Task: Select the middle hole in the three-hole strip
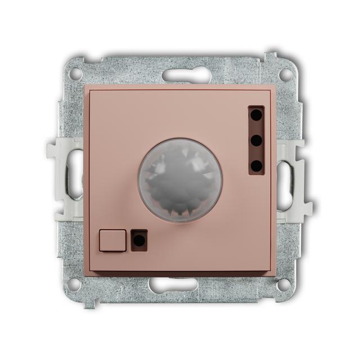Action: coord(256,141)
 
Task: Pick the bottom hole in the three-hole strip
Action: coord(256,165)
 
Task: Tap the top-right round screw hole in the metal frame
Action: coord(287,73)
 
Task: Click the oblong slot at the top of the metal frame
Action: coord(180,75)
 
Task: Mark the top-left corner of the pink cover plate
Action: coord(87,89)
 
